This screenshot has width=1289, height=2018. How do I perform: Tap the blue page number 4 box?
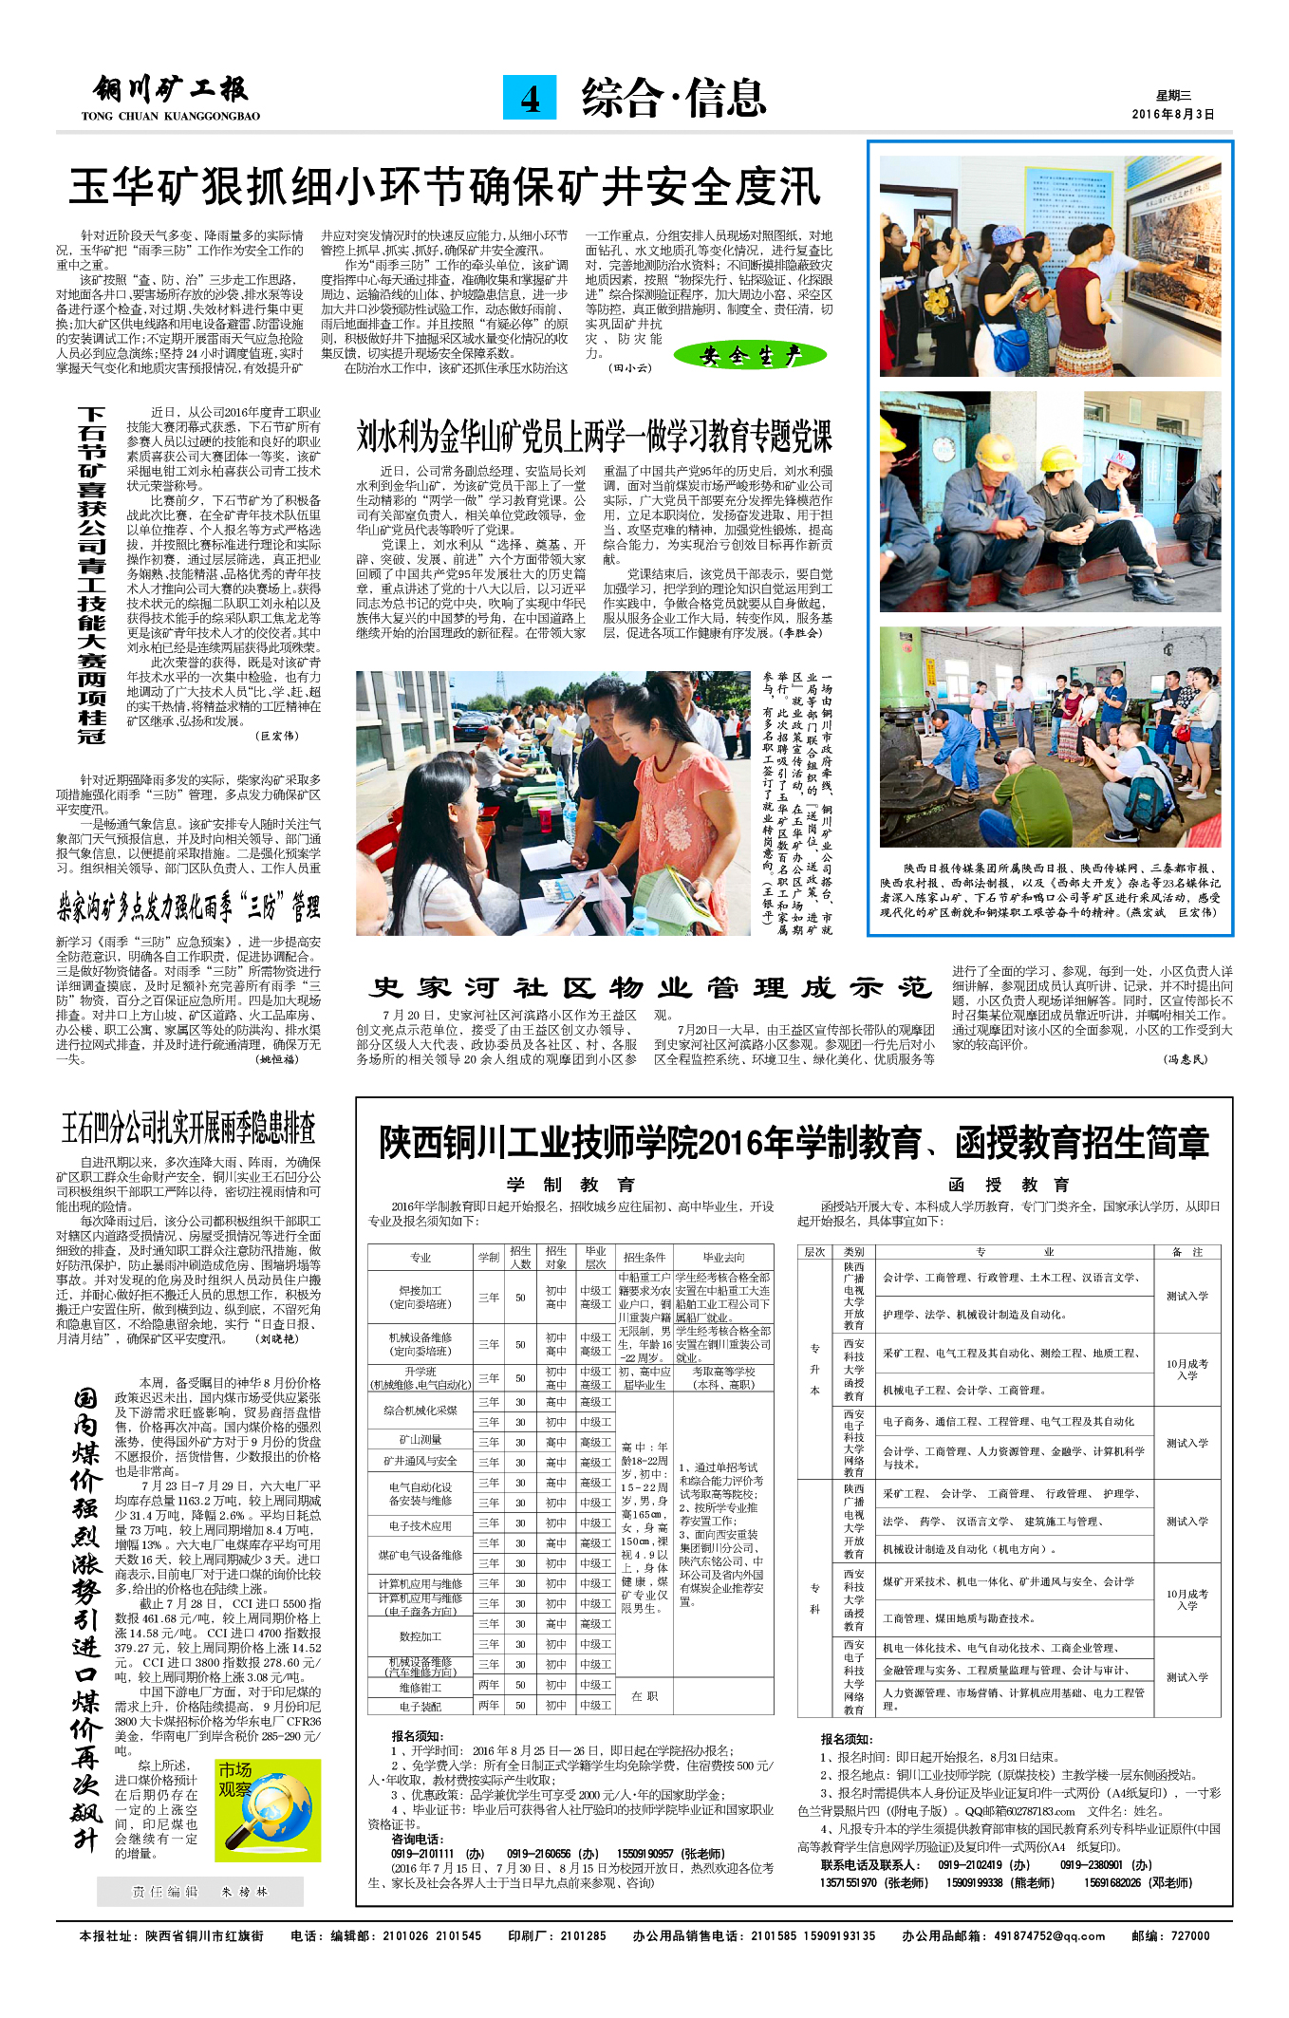pos(530,99)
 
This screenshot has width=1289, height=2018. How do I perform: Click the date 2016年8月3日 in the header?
pos(1172,114)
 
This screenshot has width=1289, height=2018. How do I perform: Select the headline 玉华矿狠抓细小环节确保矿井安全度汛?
pos(444,186)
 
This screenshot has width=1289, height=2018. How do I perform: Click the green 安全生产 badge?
pos(750,356)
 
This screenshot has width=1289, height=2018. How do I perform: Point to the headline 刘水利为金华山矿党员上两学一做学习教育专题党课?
pos(594,436)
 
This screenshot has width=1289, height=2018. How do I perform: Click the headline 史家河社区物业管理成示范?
pos(651,988)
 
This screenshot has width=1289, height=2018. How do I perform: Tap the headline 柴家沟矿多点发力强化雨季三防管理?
pos(188,908)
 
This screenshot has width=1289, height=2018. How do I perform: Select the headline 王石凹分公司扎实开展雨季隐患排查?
pos(188,1128)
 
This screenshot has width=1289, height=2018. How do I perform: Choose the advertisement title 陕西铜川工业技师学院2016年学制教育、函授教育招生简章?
pos(794,1143)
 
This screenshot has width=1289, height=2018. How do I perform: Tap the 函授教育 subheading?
pos(1009,1185)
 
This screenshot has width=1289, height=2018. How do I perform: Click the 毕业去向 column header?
pos(723,1257)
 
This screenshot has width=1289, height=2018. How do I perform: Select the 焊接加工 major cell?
pos(420,1298)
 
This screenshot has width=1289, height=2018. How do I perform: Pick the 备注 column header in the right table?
pos(1186,1252)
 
